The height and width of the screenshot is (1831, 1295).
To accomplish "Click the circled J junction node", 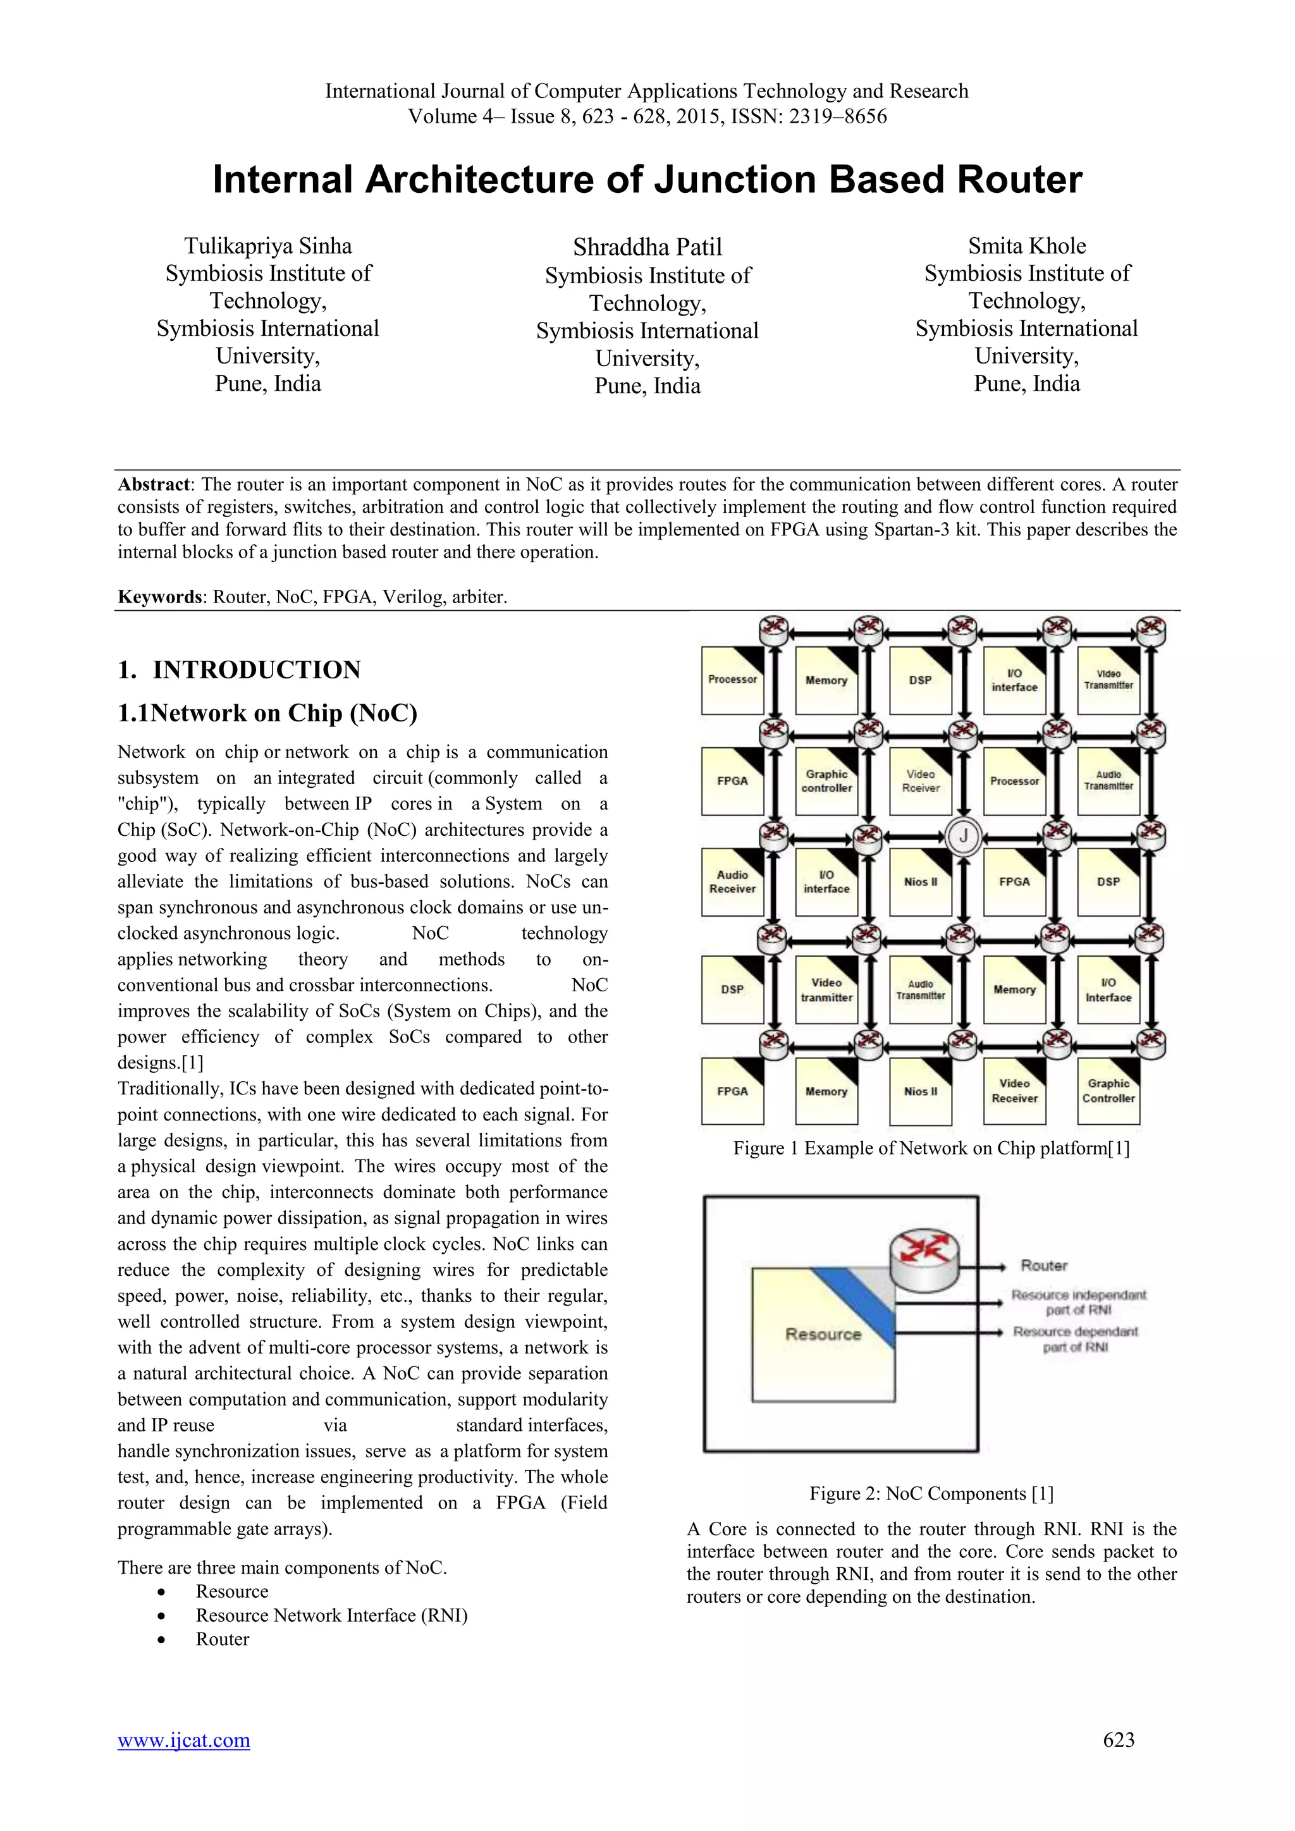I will [963, 836].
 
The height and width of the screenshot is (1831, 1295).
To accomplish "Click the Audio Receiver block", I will [732, 881].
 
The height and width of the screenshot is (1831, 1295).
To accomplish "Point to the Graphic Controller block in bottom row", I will [1108, 1090].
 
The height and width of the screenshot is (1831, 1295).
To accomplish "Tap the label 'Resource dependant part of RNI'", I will [1075, 1339].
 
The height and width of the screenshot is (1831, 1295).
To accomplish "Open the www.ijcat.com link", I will [183, 1740].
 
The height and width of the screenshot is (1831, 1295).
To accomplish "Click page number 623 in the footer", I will [1118, 1740].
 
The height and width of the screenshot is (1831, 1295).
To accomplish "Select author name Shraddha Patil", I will [647, 247].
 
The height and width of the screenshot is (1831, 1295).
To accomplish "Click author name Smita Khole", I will [1026, 245].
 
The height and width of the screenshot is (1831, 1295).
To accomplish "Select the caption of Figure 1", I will [931, 1148].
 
